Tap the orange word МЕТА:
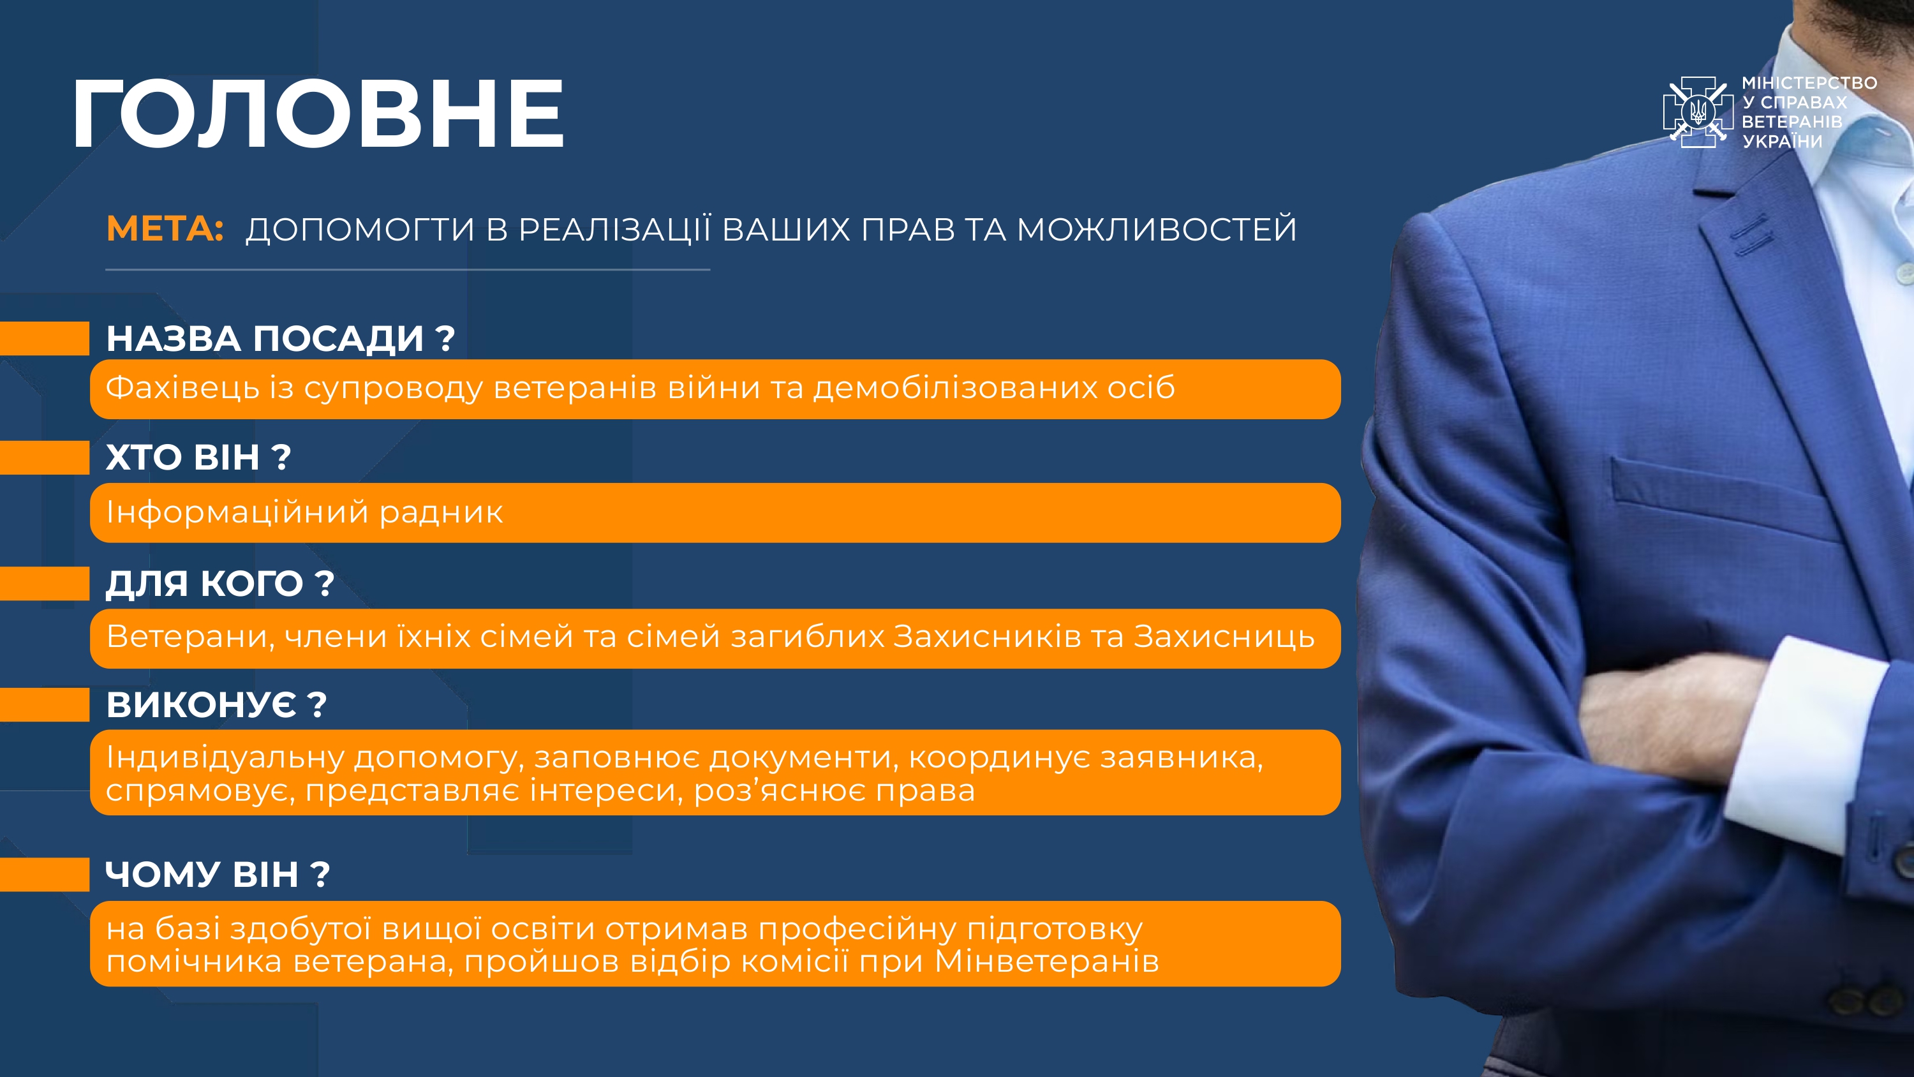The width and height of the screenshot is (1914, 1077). coord(165,228)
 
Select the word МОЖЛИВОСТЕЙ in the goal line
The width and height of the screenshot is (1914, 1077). coord(1156,229)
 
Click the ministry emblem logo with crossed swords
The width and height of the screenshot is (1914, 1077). coord(1697,112)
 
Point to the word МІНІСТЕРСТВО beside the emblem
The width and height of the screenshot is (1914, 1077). coord(1809,82)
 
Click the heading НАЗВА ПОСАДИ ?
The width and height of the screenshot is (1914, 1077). coord(280,338)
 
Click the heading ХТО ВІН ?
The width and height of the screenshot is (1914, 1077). coord(198,457)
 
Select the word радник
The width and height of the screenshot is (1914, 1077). coord(441,512)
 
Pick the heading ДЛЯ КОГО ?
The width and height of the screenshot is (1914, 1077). coord(220,583)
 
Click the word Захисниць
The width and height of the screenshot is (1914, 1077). coord(1224,637)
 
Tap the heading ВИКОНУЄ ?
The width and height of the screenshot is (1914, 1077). coord(216,704)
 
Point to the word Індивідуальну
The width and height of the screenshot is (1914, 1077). coord(226,757)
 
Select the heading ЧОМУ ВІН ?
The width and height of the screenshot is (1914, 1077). coord(217,874)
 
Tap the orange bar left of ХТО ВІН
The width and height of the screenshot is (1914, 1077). coord(45,457)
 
